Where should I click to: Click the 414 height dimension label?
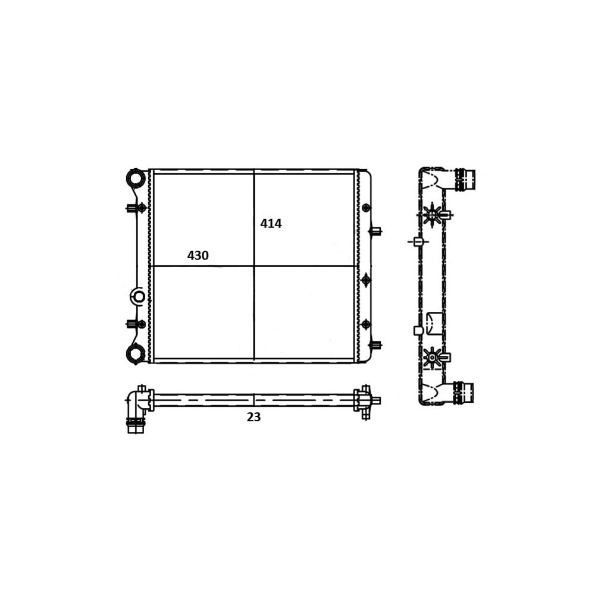[271, 224]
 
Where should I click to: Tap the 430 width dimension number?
[198, 256]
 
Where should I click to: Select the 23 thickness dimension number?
[253, 418]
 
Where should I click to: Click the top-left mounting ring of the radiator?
[136, 178]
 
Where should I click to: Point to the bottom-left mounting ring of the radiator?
[136, 354]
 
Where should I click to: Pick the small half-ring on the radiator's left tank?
[137, 296]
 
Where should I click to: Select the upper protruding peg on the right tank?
[375, 231]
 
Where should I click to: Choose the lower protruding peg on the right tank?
[375, 345]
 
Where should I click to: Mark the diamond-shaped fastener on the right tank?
[366, 280]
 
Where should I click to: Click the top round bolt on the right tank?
[366, 208]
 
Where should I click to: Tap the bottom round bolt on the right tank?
[366, 324]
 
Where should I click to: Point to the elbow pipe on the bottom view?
[137, 408]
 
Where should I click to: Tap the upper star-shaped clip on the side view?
[433, 214]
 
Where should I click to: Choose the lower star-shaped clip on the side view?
[433, 358]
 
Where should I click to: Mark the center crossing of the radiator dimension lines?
[254, 266]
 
